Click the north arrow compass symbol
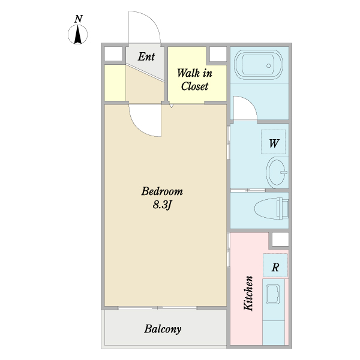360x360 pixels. click(x=77, y=34)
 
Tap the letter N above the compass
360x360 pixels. click(x=79, y=19)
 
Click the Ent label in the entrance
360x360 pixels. click(x=146, y=56)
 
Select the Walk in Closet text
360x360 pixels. click(x=194, y=80)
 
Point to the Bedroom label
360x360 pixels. click(x=162, y=191)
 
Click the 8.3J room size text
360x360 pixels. click(x=162, y=205)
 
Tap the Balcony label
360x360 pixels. click(x=163, y=329)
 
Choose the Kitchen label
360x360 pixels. click(x=248, y=293)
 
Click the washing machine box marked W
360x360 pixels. click(x=273, y=142)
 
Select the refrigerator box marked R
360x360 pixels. click(x=275, y=265)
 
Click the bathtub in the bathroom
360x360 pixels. click(x=258, y=65)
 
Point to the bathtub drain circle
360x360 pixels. click(x=268, y=65)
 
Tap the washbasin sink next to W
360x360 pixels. click(x=277, y=172)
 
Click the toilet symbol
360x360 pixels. click(x=271, y=208)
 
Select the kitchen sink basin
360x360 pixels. click(x=273, y=294)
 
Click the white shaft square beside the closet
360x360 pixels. click(x=218, y=54)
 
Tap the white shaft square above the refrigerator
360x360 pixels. click(x=280, y=239)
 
